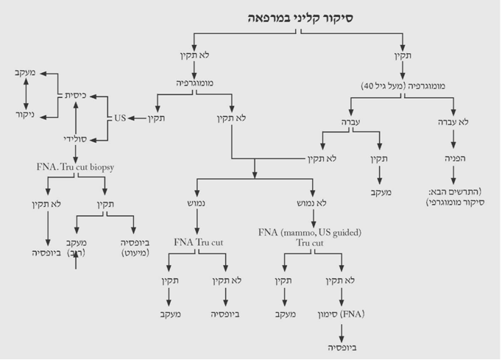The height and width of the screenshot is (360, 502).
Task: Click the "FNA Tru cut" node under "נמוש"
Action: tap(198, 241)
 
